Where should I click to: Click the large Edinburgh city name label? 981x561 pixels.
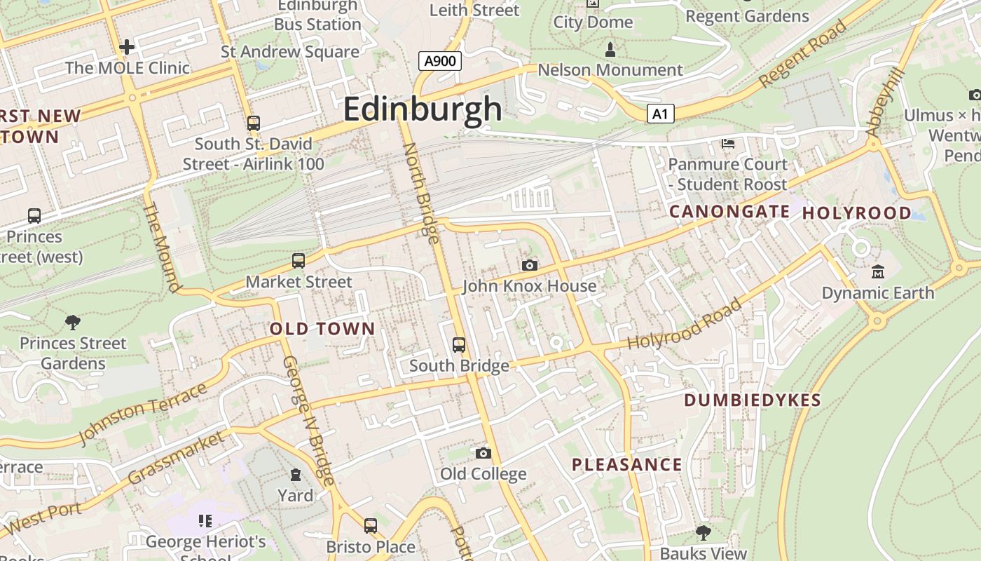(x=423, y=109)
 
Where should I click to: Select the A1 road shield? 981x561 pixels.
(x=660, y=114)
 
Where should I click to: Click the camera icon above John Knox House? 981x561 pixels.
(x=530, y=265)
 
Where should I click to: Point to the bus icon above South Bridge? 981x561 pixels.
(x=459, y=345)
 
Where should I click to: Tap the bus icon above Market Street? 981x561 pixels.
(x=299, y=261)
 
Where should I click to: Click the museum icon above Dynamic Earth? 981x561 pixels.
(x=877, y=271)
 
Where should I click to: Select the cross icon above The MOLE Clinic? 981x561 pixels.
(x=127, y=47)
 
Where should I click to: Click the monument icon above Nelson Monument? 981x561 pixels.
(x=610, y=50)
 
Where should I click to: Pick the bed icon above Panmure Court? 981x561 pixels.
(x=728, y=144)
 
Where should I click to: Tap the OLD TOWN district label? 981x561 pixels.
(x=322, y=329)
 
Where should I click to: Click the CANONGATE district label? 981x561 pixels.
(x=729, y=211)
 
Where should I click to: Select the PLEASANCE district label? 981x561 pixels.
(x=626, y=464)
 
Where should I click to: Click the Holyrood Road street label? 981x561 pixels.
(x=684, y=325)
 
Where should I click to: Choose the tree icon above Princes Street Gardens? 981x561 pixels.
(x=72, y=323)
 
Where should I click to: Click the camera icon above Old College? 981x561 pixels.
(x=483, y=453)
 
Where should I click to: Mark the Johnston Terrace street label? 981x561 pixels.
(x=143, y=414)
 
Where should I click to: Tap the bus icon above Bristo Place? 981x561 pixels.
(x=371, y=525)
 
